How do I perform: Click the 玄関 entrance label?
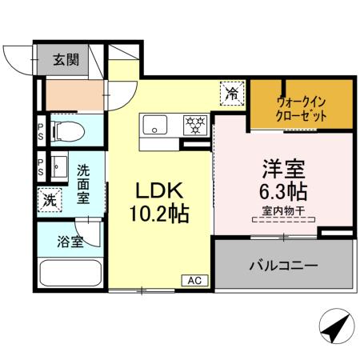[66, 60]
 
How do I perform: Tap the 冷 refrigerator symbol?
[231, 94]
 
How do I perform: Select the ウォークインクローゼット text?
[302, 108]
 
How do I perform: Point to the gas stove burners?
[194, 124]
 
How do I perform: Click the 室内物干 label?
[283, 210]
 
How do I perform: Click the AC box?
[194, 280]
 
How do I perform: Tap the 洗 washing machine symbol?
[50, 199]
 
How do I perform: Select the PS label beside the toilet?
[39, 130]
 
